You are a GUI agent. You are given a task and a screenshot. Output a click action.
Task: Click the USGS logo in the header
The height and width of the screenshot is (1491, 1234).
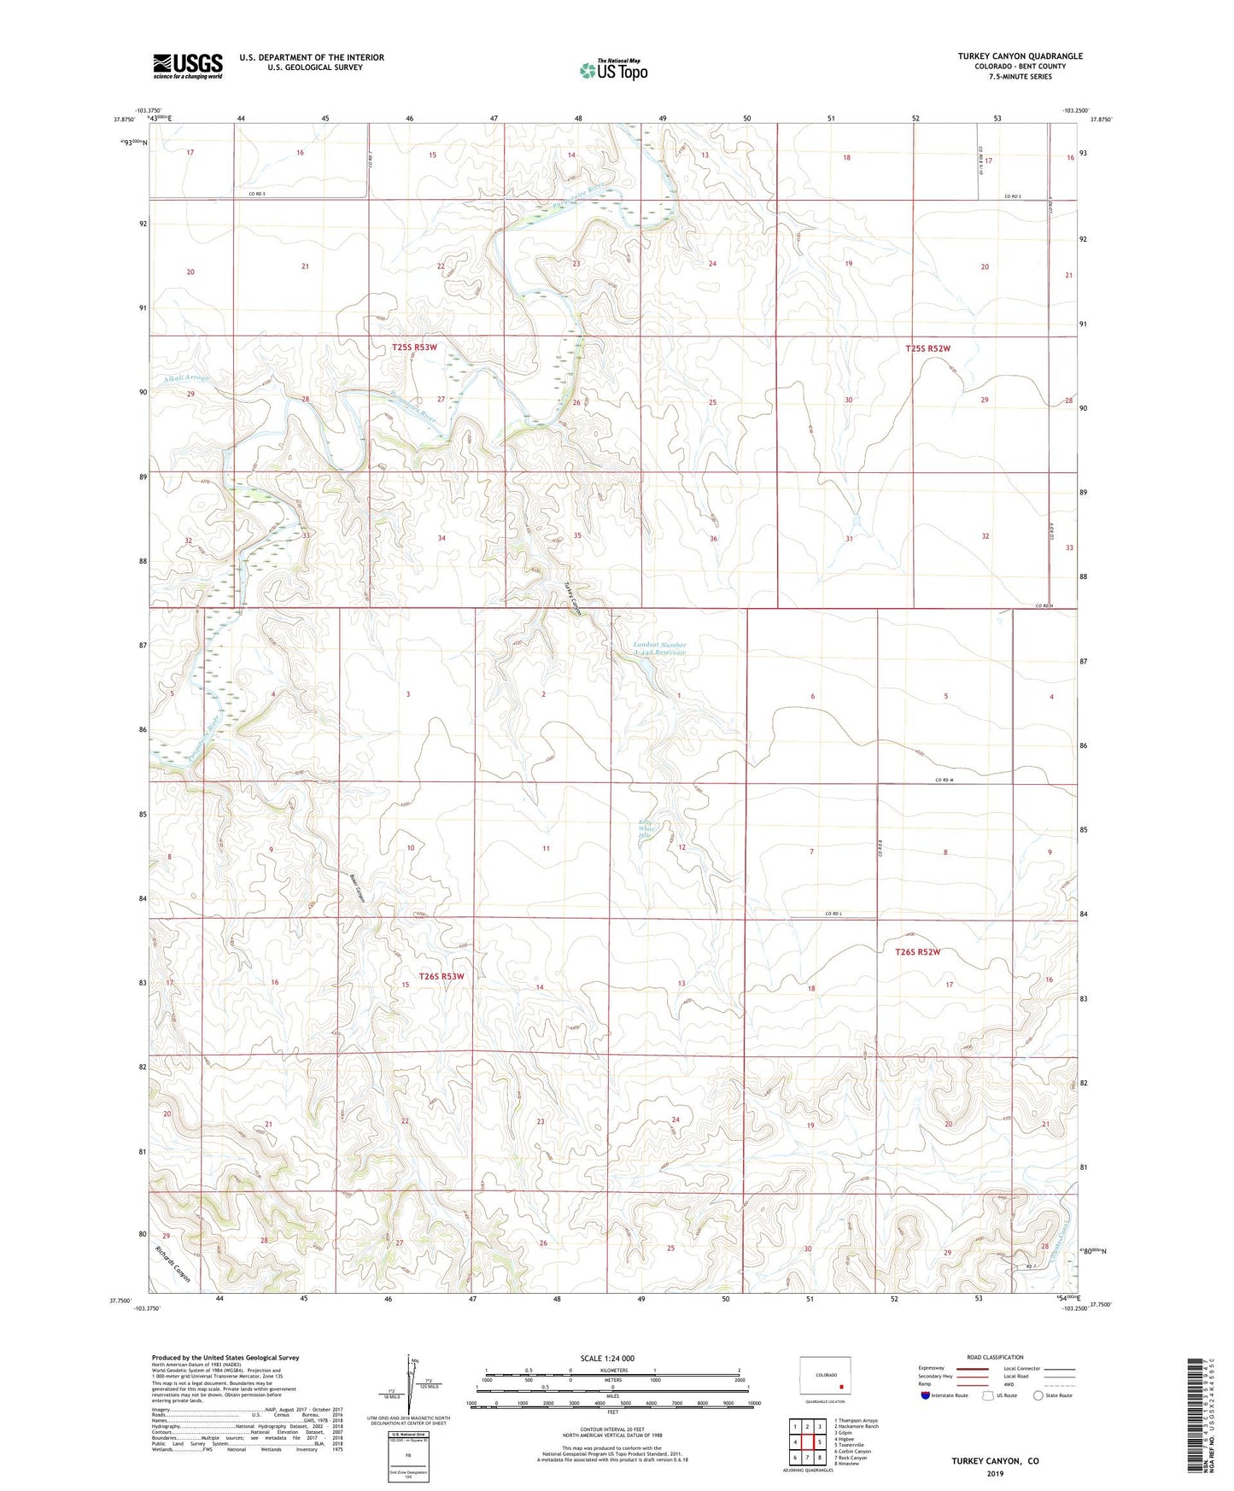187,66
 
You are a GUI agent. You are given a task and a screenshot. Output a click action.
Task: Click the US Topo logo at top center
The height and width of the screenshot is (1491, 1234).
613,70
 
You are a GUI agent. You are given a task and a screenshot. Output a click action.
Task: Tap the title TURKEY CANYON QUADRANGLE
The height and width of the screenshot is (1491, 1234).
1020,56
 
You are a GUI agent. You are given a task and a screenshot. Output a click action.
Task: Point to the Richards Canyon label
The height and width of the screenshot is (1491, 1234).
173,1264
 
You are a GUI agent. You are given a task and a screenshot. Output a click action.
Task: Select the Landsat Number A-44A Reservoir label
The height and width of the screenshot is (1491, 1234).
659,648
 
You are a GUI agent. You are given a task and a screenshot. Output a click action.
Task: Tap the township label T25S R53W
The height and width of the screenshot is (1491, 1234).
414,348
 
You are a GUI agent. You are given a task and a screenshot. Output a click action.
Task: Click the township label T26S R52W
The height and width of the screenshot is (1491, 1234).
917,951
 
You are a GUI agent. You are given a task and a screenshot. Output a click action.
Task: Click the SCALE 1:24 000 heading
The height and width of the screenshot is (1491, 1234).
607,1358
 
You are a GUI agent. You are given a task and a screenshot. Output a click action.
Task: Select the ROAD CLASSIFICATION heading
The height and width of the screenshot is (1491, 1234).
995,1357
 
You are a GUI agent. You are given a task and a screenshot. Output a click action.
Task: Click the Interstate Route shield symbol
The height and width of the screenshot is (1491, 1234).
927,1395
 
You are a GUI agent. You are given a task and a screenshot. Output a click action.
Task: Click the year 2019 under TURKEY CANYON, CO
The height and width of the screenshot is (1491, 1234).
995,1473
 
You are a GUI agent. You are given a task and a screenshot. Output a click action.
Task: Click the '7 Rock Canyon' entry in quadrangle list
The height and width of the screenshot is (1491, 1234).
853,1457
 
